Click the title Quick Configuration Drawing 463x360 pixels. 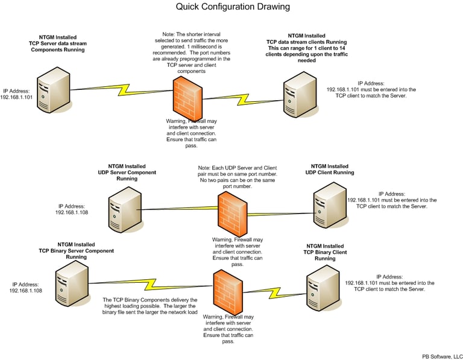(x=233, y=7)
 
